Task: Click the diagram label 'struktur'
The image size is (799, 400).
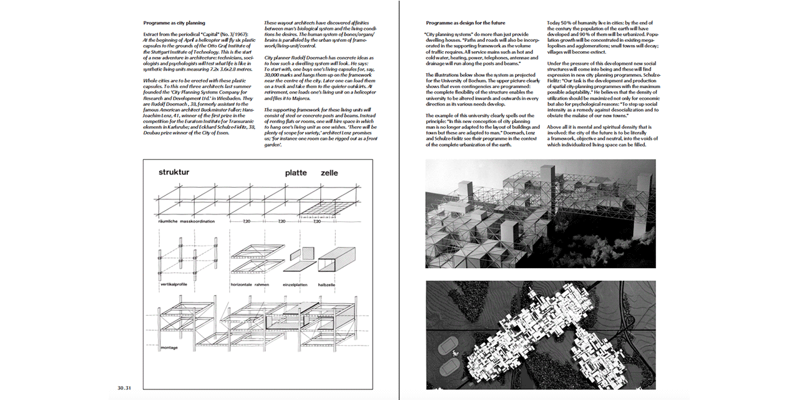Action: pyautogui.click(x=174, y=172)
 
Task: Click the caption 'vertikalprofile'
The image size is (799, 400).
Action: pyautogui.click(x=174, y=284)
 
